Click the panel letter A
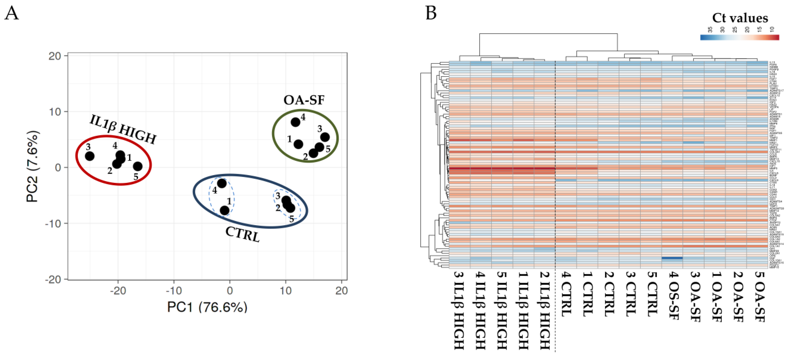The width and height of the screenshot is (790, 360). pyautogui.click(x=12, y=14)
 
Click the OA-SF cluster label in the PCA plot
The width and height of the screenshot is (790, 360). pyautogui.click(x=304, y=100)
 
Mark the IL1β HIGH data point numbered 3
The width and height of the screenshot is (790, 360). pyautogui.click(x=89, y=156)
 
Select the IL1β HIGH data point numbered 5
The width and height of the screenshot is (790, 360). pyautogui.click(x=138, y=166)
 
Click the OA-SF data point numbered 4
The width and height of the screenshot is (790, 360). pyautogui.click(x=295, y=122)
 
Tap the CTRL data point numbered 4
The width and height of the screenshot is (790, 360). pyautogui.click(x=222, y=184)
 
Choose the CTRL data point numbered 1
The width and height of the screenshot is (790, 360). pyautogui.click(x=225, y=210)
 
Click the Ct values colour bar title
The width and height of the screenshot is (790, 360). pyautogui.click(x=740, y=18)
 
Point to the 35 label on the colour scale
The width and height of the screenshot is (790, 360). pyautogui.click(x=709, y=30)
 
